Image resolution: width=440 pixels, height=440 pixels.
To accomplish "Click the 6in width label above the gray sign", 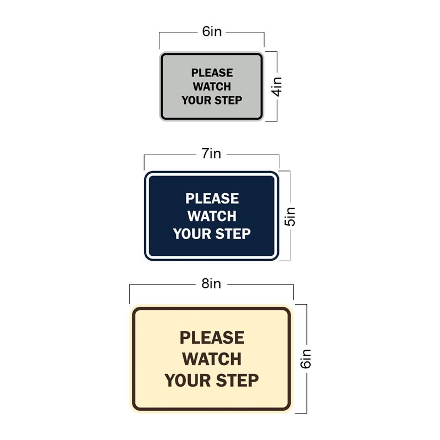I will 212,32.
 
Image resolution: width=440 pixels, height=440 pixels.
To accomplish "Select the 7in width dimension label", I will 211,154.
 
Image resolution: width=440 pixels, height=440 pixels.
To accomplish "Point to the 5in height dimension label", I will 290,216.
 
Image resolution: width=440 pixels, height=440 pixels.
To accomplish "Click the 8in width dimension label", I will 211,284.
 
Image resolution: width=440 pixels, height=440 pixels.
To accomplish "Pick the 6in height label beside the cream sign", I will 306,359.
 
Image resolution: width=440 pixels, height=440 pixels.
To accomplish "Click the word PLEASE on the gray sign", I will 212,73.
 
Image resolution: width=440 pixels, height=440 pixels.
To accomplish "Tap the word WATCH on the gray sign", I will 212,86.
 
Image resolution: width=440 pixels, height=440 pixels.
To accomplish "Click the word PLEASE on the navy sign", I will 212,198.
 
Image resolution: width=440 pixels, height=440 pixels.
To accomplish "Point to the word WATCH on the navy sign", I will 212,216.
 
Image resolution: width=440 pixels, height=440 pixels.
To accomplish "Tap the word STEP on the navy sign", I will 232,234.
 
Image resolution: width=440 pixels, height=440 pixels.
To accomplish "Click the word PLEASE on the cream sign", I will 212,337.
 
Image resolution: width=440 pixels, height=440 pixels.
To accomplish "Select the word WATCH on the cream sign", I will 212,359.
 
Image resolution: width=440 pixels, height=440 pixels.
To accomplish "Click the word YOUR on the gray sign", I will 196,100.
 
